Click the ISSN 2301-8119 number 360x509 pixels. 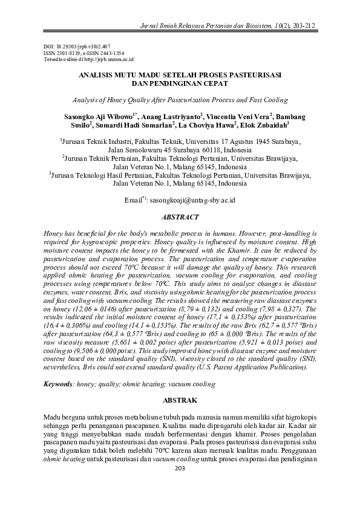click(x=67, y=53)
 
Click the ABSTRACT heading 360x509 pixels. click(x=180, y=216)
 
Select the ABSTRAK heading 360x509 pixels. click(x=180, y=400)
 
